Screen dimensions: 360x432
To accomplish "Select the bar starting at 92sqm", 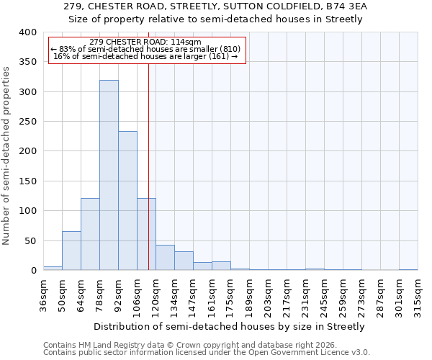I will click(127, 201).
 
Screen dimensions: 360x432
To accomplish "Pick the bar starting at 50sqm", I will click(71, 251).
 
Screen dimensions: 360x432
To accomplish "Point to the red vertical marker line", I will click(148, 144).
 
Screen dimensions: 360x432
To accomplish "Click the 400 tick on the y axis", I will click(27, 32).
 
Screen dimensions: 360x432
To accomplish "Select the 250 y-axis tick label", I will click(27, 122).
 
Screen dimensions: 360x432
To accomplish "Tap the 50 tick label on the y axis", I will click(30, 240).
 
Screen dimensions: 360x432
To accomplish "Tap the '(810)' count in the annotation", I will click(231, 49).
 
